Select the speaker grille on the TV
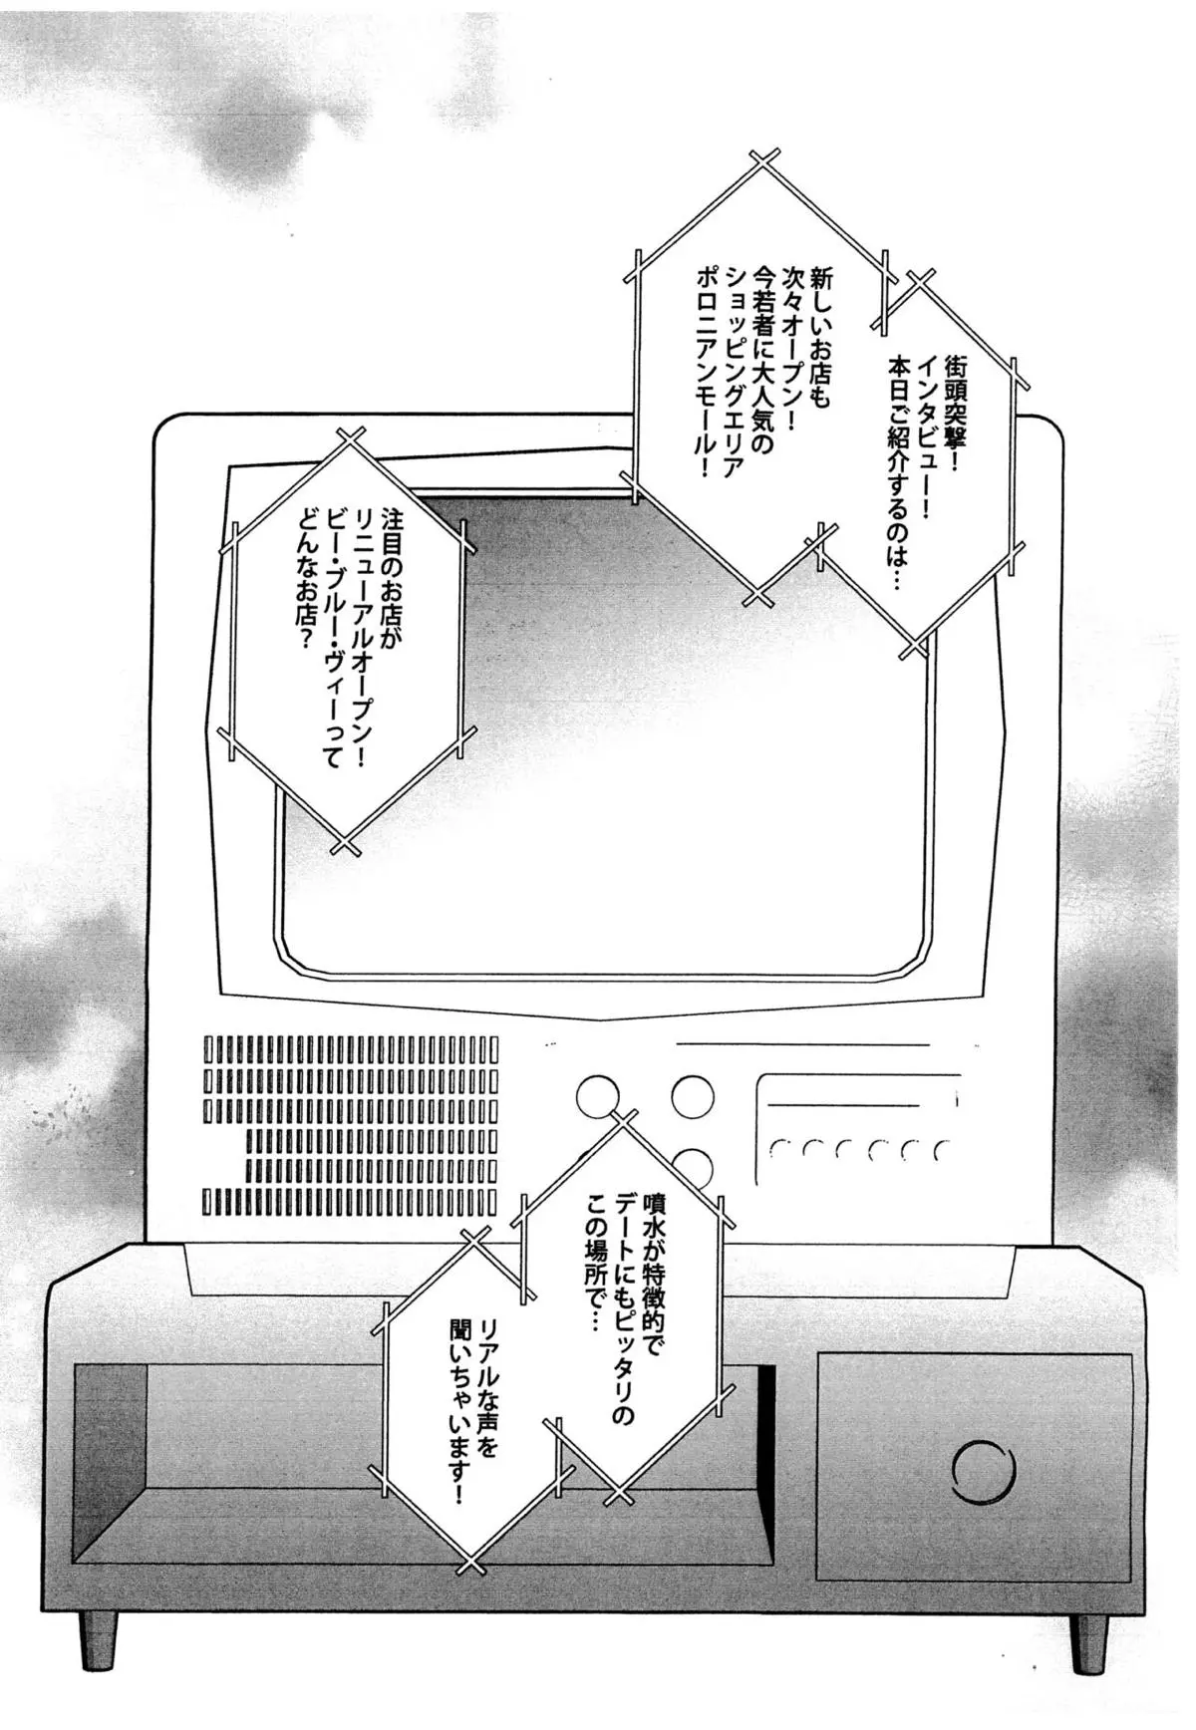350,1126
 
